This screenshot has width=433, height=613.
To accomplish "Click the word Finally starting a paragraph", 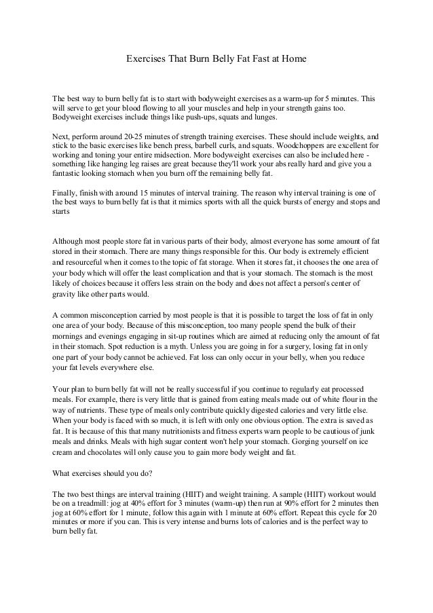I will (65, 193).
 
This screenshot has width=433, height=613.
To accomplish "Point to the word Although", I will (71, 241).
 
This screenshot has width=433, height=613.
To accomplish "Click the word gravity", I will (65, 295).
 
